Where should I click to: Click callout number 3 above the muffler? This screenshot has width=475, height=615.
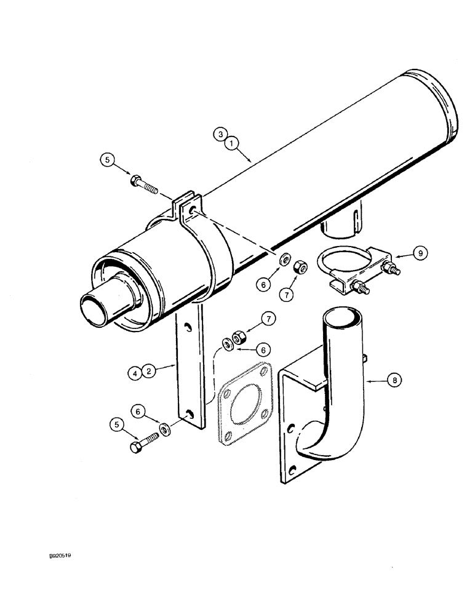coord(219,132)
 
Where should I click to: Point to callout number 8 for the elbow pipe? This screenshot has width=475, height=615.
coord(395,381)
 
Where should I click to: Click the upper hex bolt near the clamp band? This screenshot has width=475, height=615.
coord(144,183)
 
